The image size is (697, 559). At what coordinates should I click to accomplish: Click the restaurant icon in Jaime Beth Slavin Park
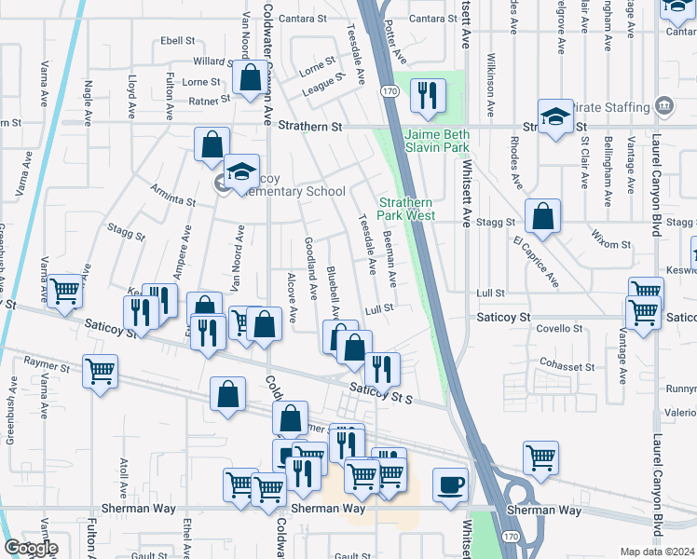click(x=428, y=97)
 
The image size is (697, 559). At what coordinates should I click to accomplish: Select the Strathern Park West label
click(x=406, y=209)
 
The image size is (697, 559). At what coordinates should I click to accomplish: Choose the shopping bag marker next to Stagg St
click(x=541, y=217)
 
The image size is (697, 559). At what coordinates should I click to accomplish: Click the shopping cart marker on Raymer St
click(x=101, y=372)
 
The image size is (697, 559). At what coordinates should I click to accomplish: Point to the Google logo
click(x=31, y=548)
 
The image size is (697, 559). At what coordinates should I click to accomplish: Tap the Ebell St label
click(x=177, y=41)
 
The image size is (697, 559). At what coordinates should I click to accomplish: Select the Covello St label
click(x=559, y=329)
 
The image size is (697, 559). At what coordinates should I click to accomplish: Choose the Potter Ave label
click(x=395, y=44)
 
